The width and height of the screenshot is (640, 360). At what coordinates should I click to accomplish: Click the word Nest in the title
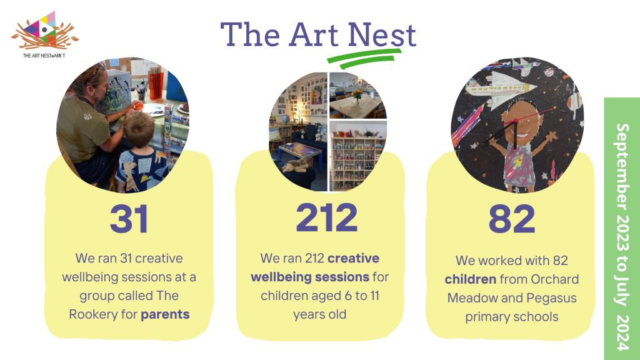pyautogui.click(x=382, y=34)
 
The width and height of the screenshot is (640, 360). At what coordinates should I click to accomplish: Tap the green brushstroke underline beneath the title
pyautogui.click(x=364, y=58)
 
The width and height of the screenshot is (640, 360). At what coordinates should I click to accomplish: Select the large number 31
pyautogui.click(x=129, y=219)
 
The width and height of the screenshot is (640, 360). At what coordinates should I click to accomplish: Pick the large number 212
pyautogui.click(x=326, y=217)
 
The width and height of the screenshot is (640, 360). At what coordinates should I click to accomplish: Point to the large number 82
pyautogui.click(x=512, y=219)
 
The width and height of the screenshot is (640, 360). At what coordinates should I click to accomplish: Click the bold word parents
pyautogui.click(x=165, y=315)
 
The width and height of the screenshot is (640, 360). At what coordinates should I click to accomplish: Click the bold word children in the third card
pyautogui.click(x=470, y=279)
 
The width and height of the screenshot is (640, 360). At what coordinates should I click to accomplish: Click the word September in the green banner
pyautogui.click(x=622, y=167)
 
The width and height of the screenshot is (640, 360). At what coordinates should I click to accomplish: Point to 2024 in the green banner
pyautogui.click(x=622, y=332)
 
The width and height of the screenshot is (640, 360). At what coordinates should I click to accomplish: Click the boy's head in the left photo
pyautogui.click(x=139, y=130)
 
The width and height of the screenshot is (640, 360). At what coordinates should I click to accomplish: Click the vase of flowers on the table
pyautogui.click(x=357, y=96)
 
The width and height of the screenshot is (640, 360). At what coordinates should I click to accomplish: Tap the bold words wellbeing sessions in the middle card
pyautogui.click(x=310, y=277)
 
